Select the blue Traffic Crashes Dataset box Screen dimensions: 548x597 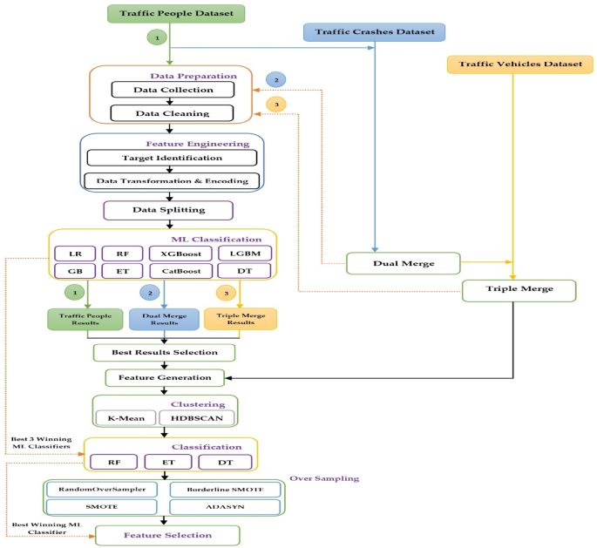[375, 31]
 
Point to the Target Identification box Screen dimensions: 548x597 [172, 158]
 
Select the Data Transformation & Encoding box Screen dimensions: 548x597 [172, 181]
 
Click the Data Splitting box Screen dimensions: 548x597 [168, 210]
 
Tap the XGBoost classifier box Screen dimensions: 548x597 [177, 253]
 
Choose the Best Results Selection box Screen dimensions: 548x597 [165, 352]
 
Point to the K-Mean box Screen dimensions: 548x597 [126, 417]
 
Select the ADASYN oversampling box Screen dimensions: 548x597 [226, 507]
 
